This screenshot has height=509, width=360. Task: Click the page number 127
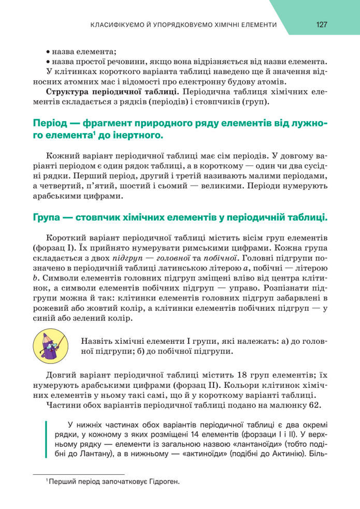coord(321,24)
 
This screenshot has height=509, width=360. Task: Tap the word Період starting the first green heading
coord(49,124)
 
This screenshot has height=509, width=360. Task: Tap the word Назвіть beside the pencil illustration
coord(96,341)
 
